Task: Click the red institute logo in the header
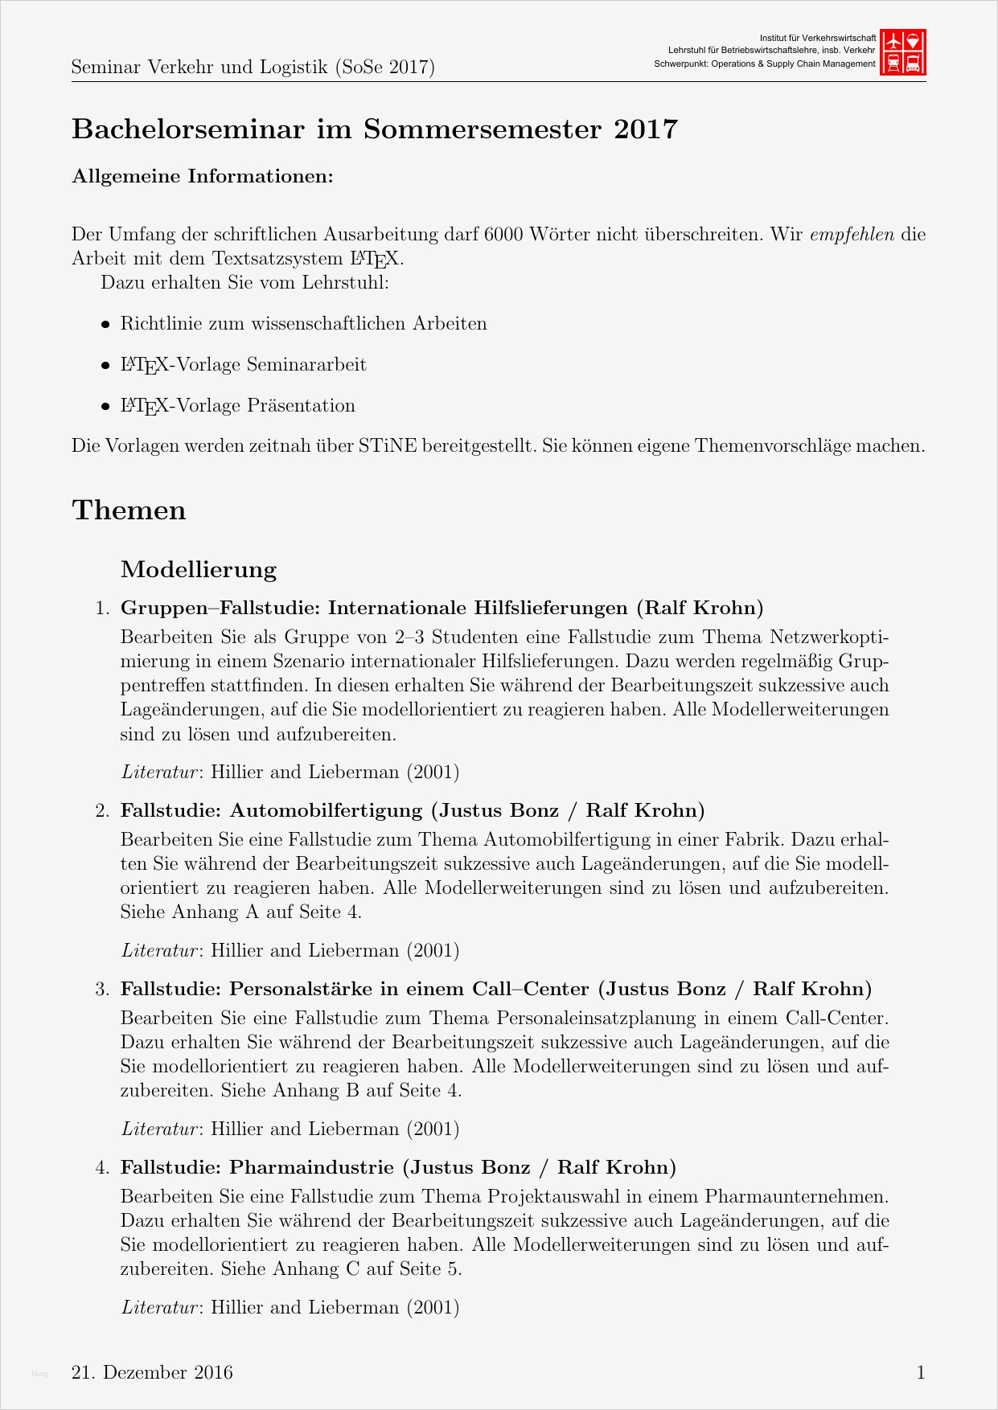pyautogui.click(x=903, y=52)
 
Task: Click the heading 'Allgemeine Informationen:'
pyautogui.click(x=203, y=176)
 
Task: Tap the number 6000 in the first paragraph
pyautogui.click(x=504, y=235)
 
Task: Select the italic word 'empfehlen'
pyautogui.click(x=852, y=235)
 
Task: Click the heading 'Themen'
pyautogui.click(x=129, y=510)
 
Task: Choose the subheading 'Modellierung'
pyautogui.click(x=199, y=570)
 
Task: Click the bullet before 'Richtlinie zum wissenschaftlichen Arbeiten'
pyautogui.click(x=105, y=325)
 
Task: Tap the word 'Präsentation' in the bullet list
pyautogui.click(x=301, y=406)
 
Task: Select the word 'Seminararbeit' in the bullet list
pyautogui.click(x=306, y=365)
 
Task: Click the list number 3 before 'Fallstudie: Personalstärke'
pyautogui.click(x=102, y=990)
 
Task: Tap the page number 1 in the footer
pyautogui.click(x=921, y=1372)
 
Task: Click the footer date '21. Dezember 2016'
pyautogui.click(x=152, y=1372)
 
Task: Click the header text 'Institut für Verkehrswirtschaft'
pyautogui.click(x=817, y=38)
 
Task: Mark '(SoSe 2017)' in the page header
pyautogui.click(x=384, y=68)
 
